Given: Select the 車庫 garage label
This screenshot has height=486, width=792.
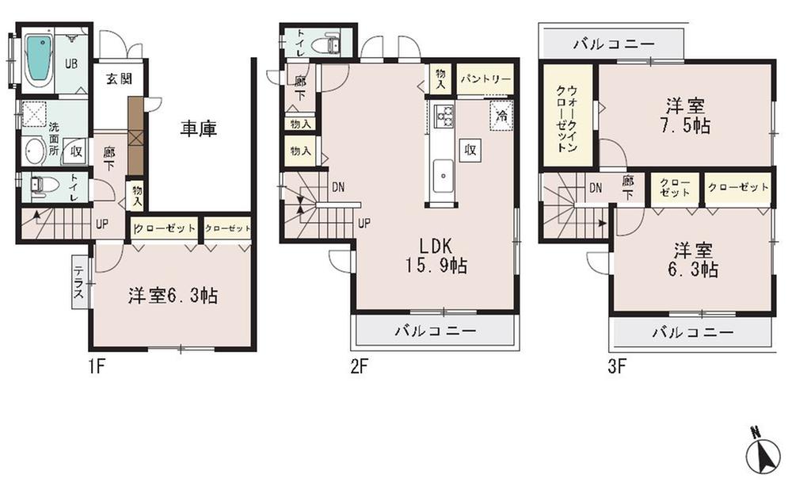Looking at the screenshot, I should coord(197,127).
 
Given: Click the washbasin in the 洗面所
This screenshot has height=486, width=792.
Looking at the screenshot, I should coord(34,150).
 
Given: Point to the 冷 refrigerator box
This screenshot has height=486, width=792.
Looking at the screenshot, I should coord(501,114).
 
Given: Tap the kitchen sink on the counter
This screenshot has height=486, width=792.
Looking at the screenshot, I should coord(443,170).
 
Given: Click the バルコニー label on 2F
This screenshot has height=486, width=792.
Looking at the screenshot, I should coord(435,331).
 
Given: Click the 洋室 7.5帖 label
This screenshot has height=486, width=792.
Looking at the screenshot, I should coord(686,116).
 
